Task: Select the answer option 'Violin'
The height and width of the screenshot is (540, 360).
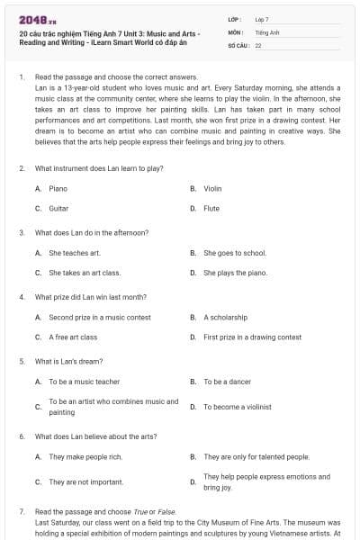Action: (212, 189)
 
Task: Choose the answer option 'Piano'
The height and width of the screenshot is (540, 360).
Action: (58, 189)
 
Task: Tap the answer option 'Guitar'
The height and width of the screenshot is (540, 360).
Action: (58, 208)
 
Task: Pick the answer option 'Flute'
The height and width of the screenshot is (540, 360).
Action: (211, 208)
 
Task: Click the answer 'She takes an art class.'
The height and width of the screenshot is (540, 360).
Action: (85, 272)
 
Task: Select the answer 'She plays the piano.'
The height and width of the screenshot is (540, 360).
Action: (236, 272)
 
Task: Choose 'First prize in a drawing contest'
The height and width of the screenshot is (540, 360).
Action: (252, 337)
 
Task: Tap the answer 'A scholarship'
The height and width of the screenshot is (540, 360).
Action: (225, 318)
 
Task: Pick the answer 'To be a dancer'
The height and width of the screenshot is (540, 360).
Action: (227, 382)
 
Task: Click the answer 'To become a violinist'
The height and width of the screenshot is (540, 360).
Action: (237, 407)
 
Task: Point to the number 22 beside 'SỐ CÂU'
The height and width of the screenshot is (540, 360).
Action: (258, 44)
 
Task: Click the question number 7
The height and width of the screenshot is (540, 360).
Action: (22, 511)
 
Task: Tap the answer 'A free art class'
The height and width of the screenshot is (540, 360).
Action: (73, 337)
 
